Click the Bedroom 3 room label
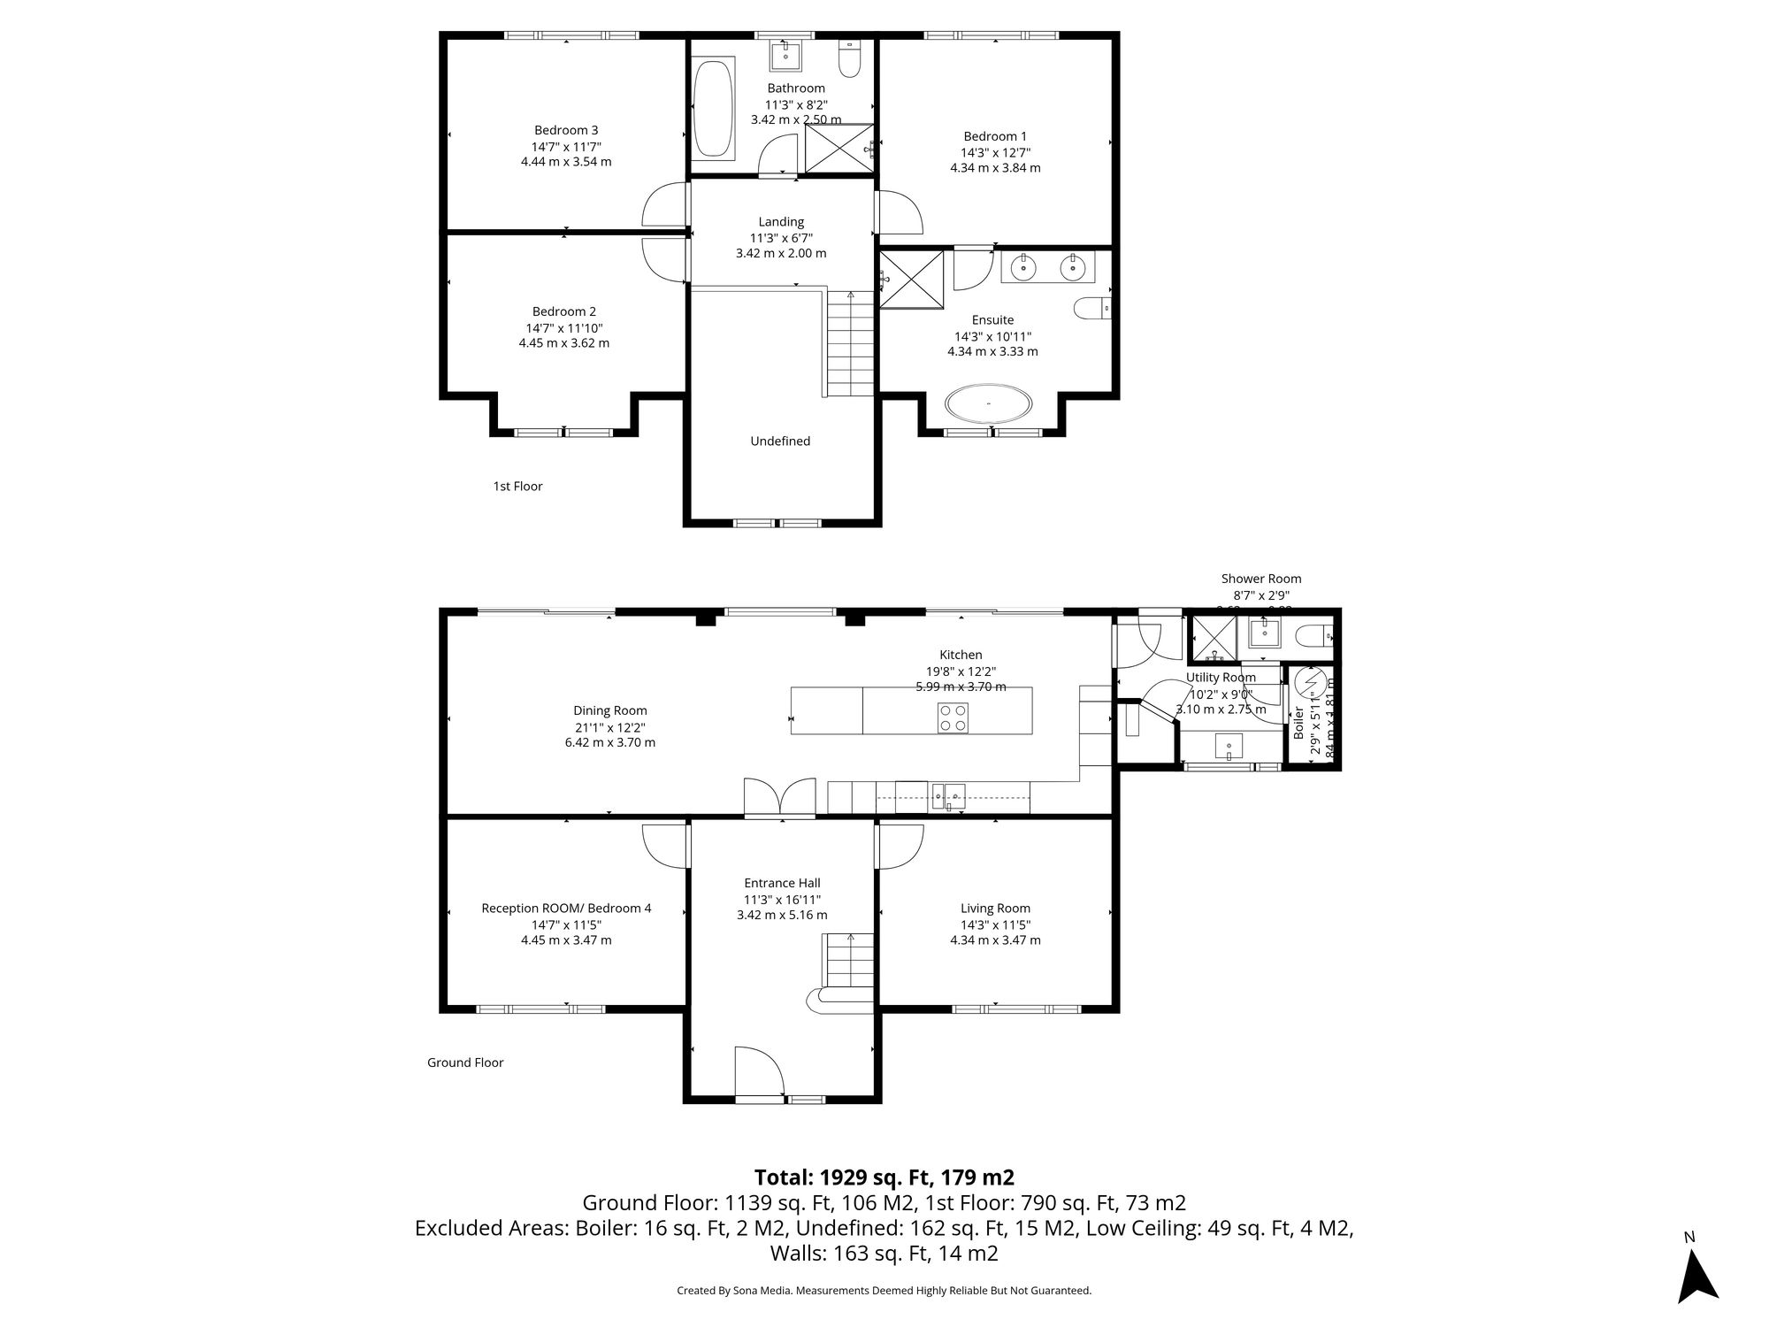tap(566, 130)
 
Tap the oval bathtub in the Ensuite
tap(988, 405)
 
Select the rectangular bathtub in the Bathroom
tap(714, 109)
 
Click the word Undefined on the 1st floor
tap(779, 441)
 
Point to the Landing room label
tap(781, 222)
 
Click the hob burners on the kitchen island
tap(952, 717)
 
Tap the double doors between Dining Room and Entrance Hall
tap(779, 797)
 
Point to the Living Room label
tap(995, 908)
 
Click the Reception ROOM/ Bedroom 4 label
tap(566, 908)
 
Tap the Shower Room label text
tap(1261, 579)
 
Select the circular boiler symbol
tap(1310, 683)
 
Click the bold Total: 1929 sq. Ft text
tap(884, 1177)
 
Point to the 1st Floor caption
tap(517, 486)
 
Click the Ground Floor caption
tap(465, 1062)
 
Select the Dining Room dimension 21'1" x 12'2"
tap(610, 727)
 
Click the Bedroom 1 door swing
tap(900, 213)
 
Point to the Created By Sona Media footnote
tap(884, 1291)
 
